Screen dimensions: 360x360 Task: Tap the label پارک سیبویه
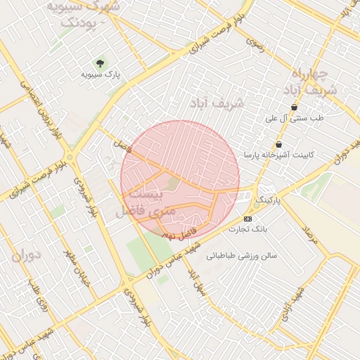101,74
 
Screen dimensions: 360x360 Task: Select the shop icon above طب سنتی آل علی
294,108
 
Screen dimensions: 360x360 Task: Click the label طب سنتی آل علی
294,119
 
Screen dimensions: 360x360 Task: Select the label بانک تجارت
249,229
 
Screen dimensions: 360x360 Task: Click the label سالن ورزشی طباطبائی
243,256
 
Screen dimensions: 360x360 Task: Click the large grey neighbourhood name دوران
28,255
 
